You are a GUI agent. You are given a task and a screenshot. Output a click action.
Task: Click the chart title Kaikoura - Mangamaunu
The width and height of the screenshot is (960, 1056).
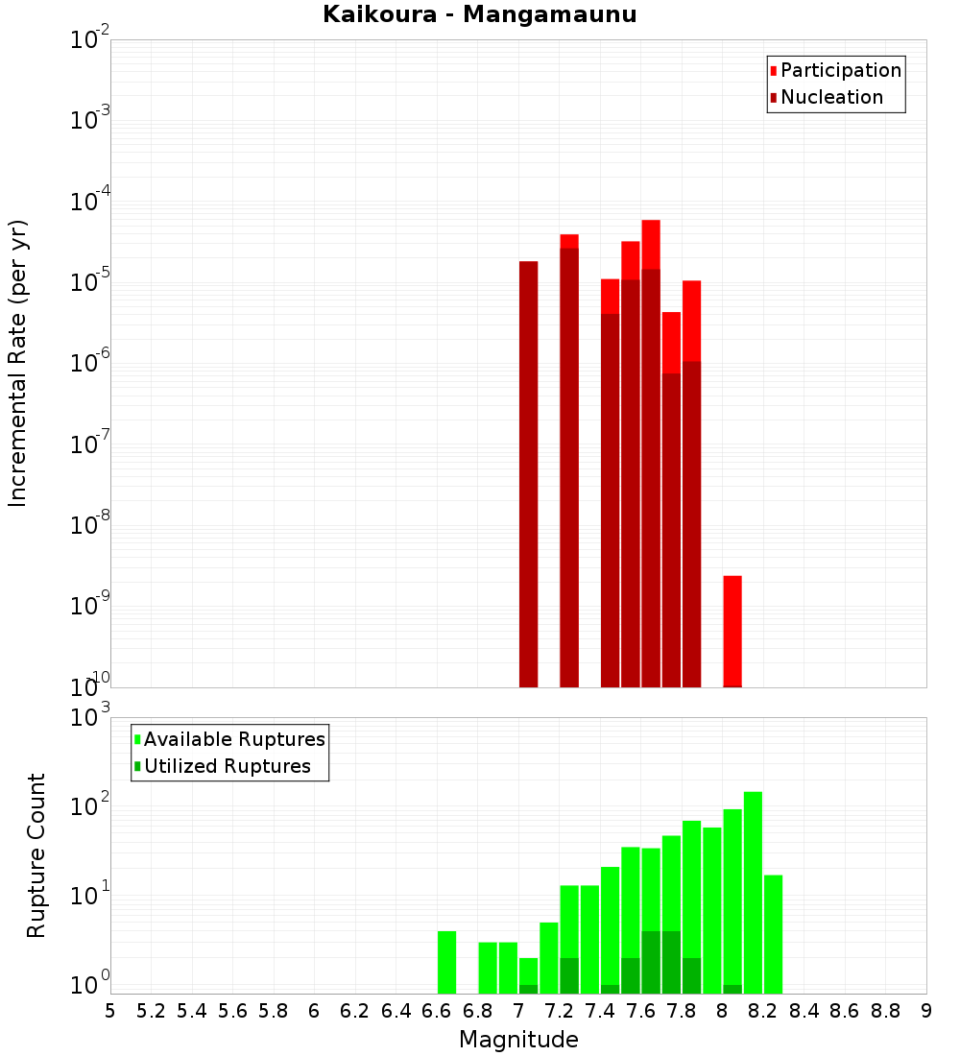point(479,14)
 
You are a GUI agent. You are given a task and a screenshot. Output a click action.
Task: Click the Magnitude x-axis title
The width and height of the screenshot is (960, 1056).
point(518,1040)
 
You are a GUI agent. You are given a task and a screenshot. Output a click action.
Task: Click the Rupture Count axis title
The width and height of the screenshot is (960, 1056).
point(36,854)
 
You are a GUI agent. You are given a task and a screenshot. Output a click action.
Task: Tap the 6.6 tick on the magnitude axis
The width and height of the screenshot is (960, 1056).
point(437,1011)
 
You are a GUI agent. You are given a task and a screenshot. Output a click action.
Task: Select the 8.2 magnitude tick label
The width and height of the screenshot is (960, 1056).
point(763,1011)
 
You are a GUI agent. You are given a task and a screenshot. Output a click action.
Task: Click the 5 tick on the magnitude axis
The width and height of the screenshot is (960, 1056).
point(110,1011)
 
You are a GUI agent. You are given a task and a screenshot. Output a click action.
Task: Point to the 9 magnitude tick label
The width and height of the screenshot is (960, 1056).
point(926,1011)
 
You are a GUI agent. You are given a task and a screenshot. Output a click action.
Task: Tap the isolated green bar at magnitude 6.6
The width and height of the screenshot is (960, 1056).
point(446,962)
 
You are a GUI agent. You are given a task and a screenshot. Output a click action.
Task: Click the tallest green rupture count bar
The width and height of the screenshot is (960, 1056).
point(753,892)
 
